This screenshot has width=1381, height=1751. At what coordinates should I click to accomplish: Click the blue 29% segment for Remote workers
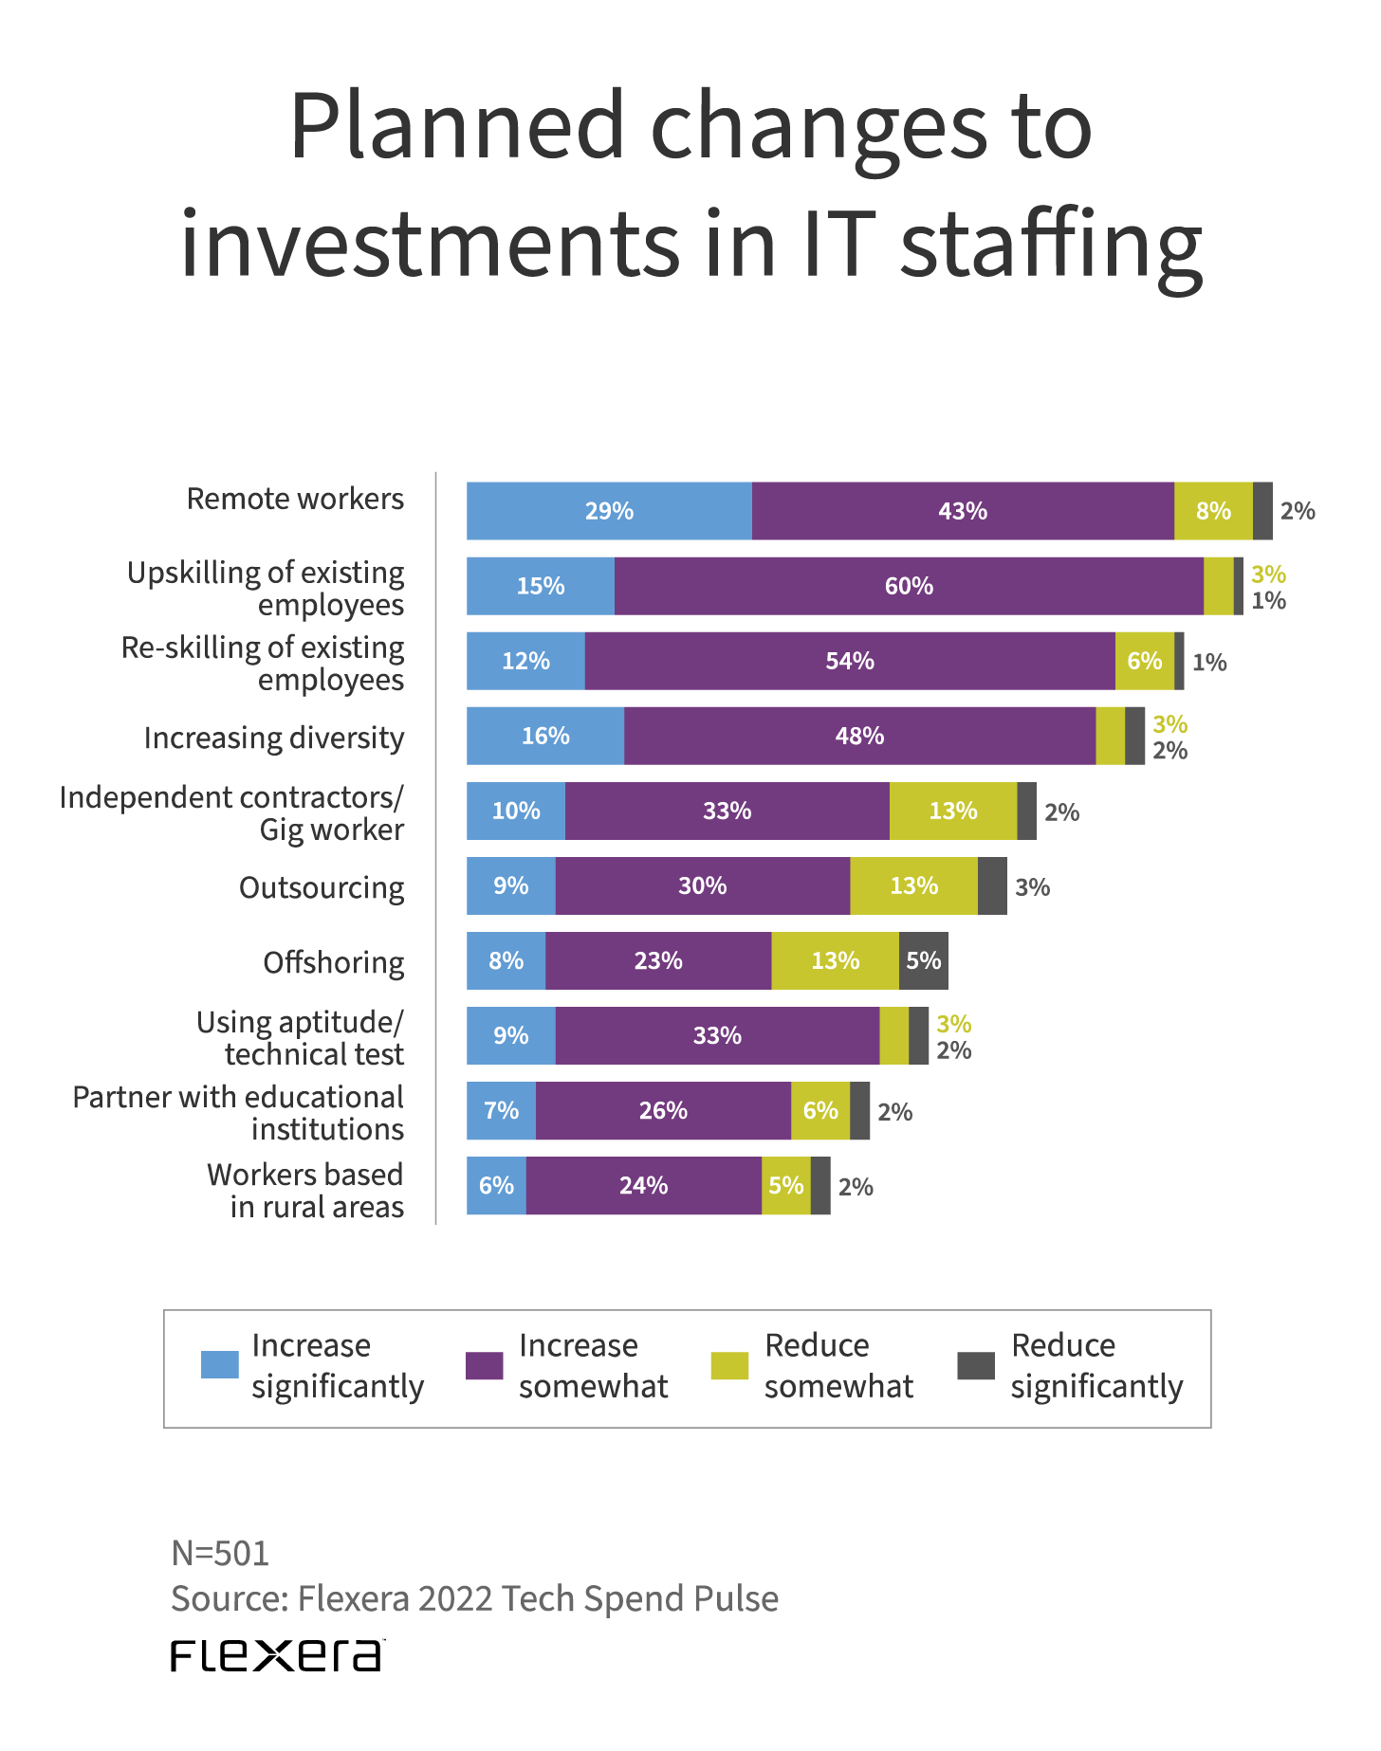(x=609, y=511)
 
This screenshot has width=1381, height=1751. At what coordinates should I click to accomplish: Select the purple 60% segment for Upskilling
(x=909, y=586)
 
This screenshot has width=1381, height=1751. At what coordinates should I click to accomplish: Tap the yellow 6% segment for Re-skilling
(x=1144, y=661)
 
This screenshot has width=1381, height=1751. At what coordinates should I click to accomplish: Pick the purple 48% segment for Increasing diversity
(x=859, y=736)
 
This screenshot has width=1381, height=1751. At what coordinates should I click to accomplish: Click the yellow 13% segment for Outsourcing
(x=913, y=885)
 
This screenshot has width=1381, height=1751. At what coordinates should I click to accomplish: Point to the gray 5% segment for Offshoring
(x=923, y=960)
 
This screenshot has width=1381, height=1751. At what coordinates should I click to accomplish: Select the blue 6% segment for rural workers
(x=496, y=1185)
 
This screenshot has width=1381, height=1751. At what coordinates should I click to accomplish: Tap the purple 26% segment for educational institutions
(x=663, y=1110)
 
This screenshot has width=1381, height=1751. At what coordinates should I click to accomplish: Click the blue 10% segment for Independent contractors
(x=516, y=811)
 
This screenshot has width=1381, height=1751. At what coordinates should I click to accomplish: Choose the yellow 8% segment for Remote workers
(x=1213, y=511)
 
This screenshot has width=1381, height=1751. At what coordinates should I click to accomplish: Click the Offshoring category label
(x=333, y=962)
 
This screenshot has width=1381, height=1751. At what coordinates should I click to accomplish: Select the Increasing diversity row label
(x=273, y=738)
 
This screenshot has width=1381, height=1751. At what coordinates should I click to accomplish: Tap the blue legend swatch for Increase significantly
(x=220, y=1365)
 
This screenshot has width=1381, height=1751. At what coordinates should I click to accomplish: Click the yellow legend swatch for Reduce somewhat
(x=729, y=1365)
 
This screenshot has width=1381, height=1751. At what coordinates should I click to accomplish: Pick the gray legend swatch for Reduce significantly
(x=976, y=1365)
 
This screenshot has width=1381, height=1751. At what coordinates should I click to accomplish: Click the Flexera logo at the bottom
(x=277, y=1654)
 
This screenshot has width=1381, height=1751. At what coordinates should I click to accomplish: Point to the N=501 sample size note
(x=220, y=1553)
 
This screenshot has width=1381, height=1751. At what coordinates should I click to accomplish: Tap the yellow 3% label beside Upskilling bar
(x=1268, y=574)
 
